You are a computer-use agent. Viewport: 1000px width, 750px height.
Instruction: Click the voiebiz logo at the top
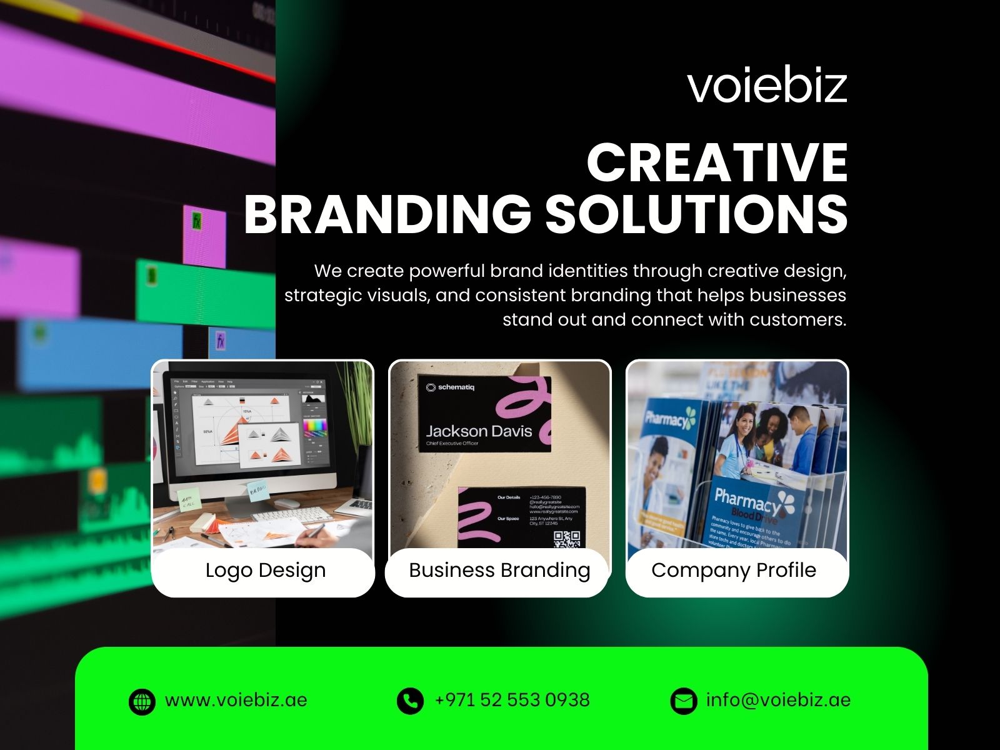(x=767, y=86)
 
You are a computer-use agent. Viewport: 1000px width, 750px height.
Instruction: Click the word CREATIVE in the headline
(x=717, y=162)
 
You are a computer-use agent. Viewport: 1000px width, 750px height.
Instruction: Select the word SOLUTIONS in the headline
(x=696, y=214)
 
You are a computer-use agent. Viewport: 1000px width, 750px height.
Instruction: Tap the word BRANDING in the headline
(x=387, y=214)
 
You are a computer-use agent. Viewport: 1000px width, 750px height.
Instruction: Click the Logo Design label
(x=265, y=570)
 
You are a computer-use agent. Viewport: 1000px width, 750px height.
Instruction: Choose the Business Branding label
(x=499, y=570)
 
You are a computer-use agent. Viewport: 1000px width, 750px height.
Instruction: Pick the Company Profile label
(x=734, y=570)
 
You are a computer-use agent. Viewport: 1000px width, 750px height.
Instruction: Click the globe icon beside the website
(x=142, y=701)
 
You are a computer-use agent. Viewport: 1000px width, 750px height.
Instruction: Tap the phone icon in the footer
(x=410, y=701)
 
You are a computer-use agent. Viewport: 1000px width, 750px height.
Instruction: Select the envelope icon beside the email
(x=683, y=701)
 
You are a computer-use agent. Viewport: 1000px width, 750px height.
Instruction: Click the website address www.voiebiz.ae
(x=236, y=699)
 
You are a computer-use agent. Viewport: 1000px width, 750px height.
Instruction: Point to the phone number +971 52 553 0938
(x=512, y=699)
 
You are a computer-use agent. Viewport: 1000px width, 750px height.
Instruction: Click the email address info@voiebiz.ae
(x=778, y=699)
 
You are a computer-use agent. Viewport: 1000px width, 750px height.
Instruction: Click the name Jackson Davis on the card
(x=479, y=431)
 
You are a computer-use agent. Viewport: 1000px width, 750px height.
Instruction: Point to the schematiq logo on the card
(x=450, y=387)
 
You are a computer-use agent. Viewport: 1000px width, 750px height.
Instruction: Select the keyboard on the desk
(x=294, y=516)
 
